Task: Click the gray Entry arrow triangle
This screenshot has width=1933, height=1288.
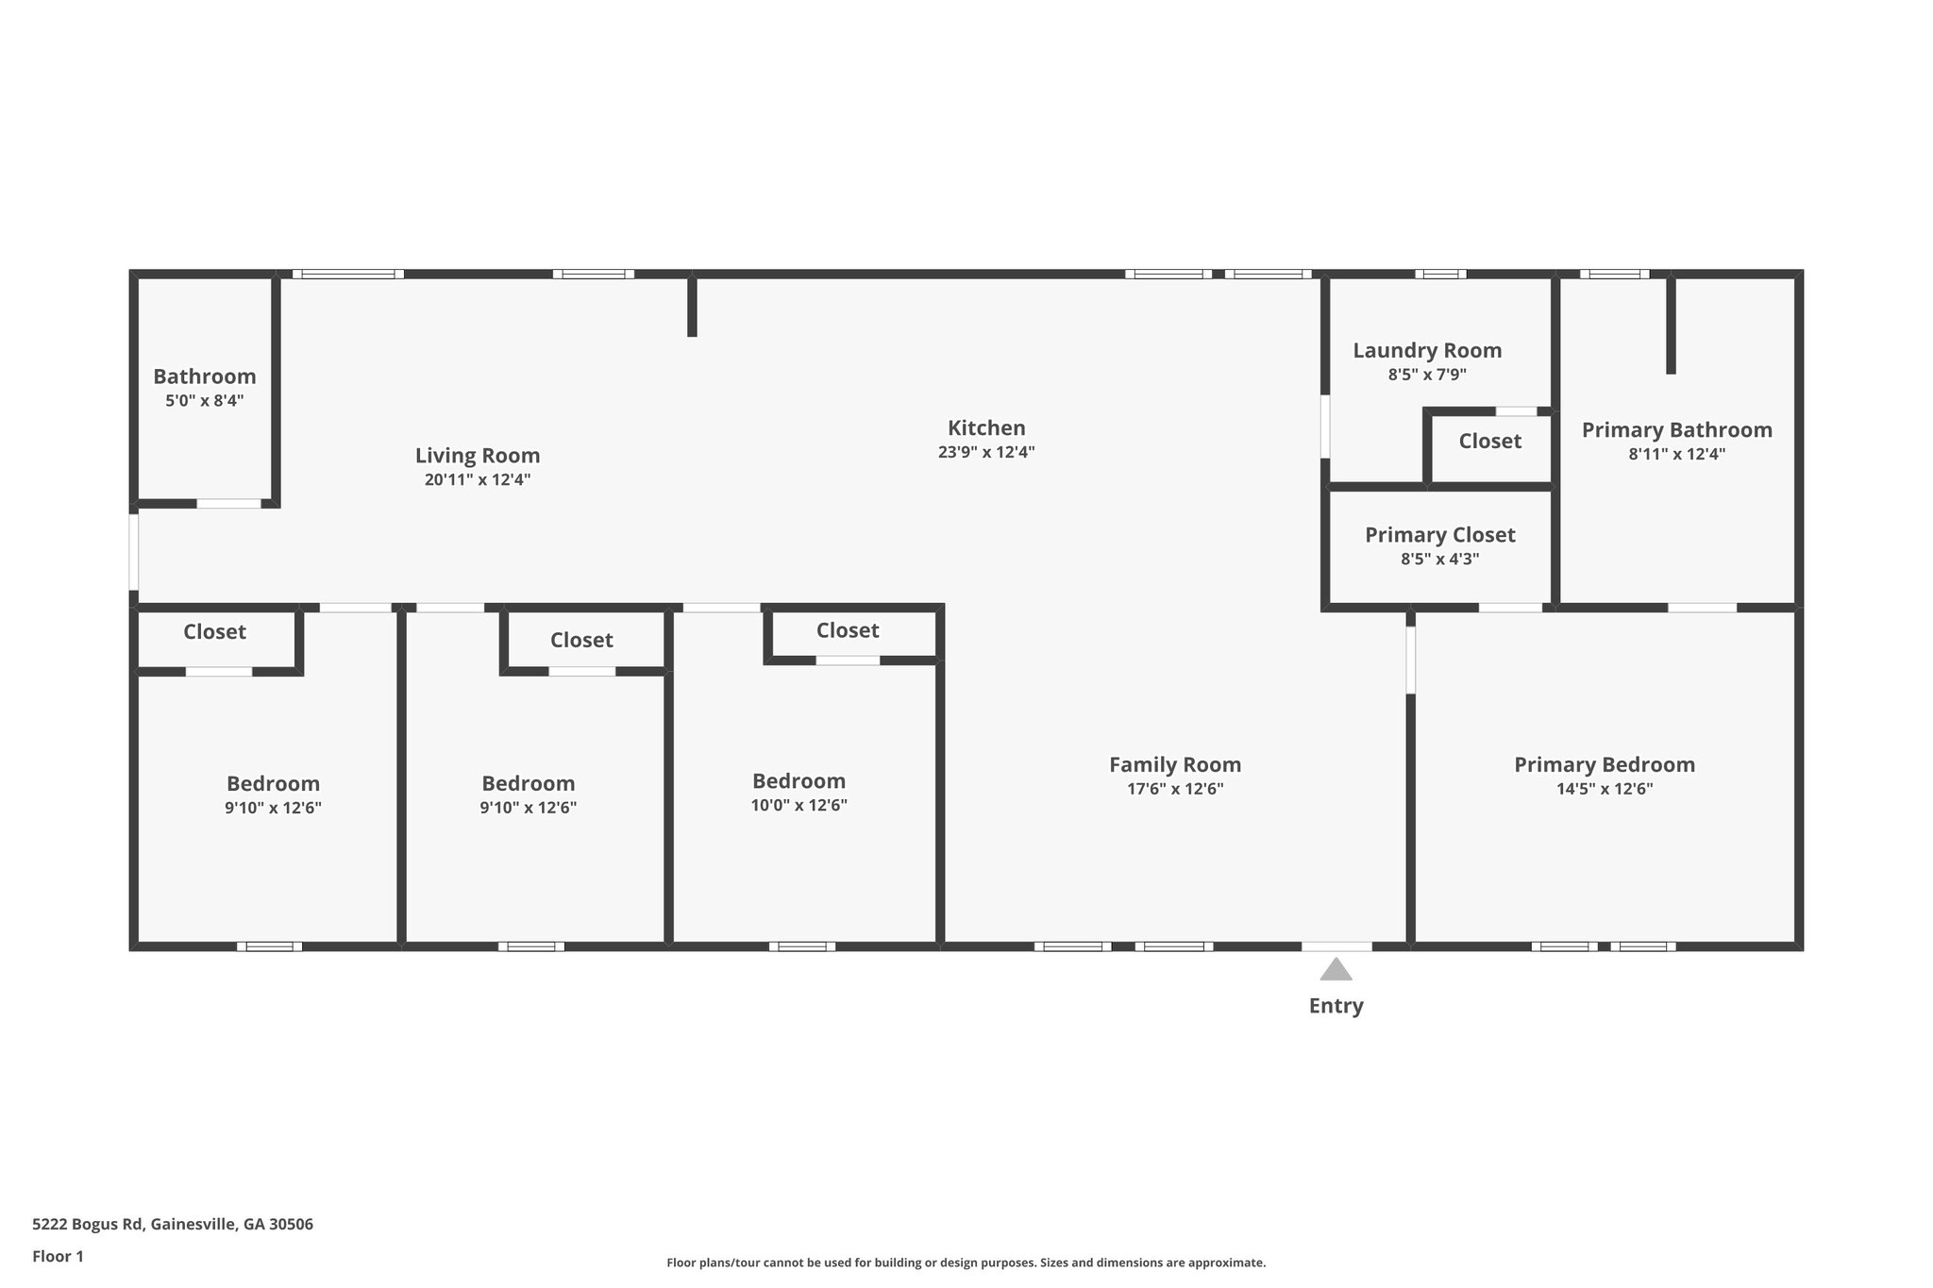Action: (x=1336, y=970)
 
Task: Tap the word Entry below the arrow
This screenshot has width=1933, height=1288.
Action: (x=1336, y=1006)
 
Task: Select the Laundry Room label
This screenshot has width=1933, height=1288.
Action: (x=1427, y=351)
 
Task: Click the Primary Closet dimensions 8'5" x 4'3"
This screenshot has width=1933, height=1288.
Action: (x=1439, y=559)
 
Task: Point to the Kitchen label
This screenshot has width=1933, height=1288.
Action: (x=986, y=427)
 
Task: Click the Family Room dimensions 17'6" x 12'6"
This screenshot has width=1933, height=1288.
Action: (x=1175, y=789)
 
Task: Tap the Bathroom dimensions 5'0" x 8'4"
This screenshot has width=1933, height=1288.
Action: (x=205, y=401)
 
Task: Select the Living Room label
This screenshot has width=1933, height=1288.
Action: (x=478, y=456)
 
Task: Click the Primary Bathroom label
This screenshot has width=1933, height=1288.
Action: (x=1676, y=430)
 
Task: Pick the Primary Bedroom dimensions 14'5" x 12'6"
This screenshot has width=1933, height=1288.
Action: (x=1605, y=789)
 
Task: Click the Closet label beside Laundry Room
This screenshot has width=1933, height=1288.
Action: (x=1489, y=441)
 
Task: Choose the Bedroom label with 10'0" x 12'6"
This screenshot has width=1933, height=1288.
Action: (x=798, y=781)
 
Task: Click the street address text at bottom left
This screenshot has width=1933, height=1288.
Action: (x=173, y=1225)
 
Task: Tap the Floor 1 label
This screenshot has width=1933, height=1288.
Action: (x=59, y=1256)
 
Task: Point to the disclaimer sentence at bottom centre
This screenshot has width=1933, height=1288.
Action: (x=966, y=1263)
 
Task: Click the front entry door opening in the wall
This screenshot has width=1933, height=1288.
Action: (x=1336, y=945)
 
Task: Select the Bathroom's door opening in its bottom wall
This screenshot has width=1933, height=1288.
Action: (x=228, y=503)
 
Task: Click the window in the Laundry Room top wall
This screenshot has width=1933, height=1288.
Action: (x=1440, y=274)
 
